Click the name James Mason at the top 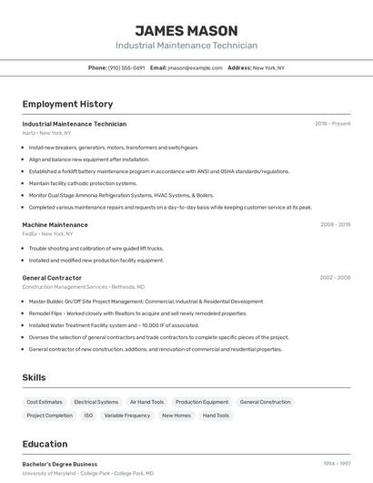(186, 31)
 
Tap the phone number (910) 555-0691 (126, 67)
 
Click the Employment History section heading (67, 104)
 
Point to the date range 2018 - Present (332, 124)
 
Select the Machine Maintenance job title (55, 224)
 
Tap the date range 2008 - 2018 (335, 224)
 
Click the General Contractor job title (52, 278)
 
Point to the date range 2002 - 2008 (335, 278)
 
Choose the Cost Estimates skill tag (45, 402)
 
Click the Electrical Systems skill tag (96, 402)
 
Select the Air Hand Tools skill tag (146, 402)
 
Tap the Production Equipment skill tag (202, 402)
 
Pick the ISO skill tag (88, 416)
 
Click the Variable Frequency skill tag (127, 416)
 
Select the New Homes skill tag (176, 416)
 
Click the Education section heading (45, 445)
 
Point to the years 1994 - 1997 (337, 464)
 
